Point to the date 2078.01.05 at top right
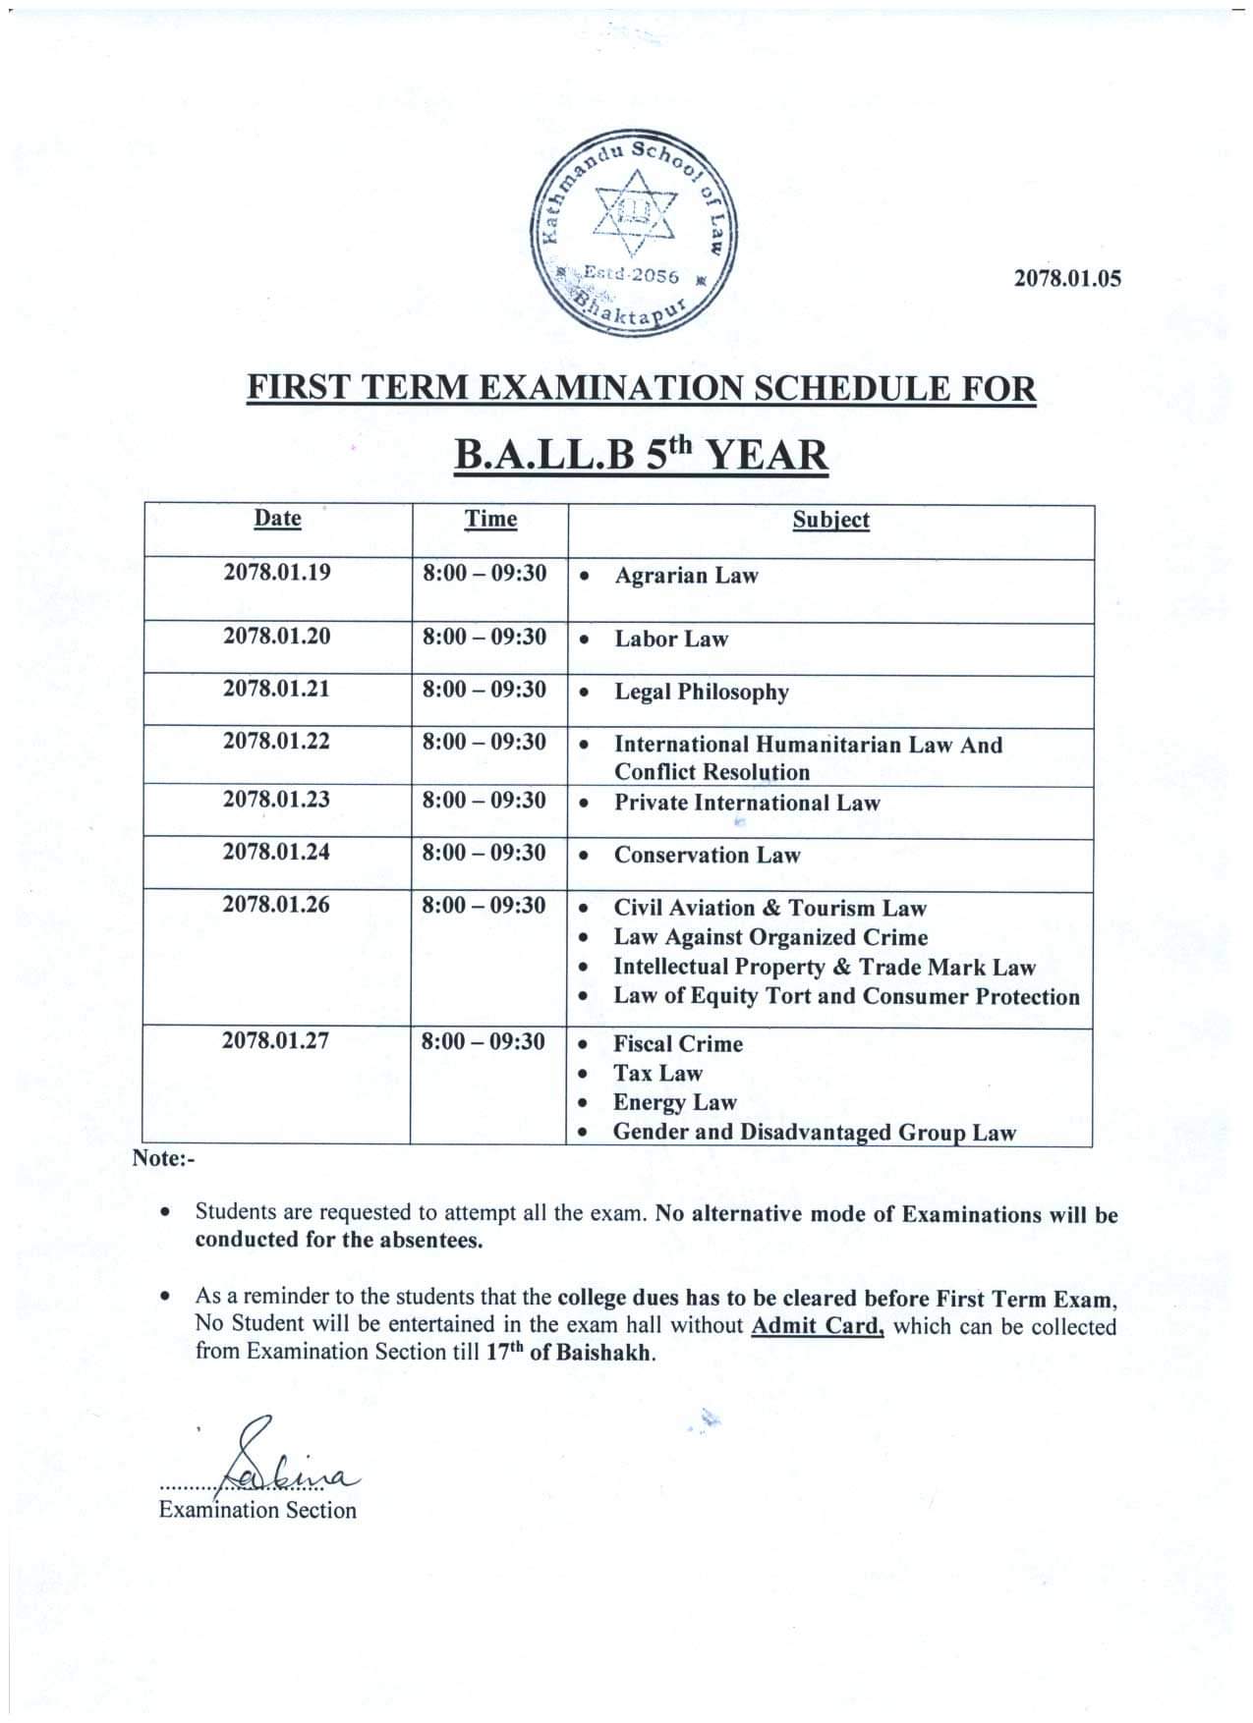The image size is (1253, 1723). click(1066, 278)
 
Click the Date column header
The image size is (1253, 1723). click(277, 518)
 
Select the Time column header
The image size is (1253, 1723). click(490, 519)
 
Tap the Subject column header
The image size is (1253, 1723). click(830, 520)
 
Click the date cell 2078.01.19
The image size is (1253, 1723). click(277, 573)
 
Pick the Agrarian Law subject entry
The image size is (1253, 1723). click(686, 576)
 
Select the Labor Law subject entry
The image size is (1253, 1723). click(671, 639)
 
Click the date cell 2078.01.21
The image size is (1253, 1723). click(277, 690)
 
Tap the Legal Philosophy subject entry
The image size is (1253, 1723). click(702, 693)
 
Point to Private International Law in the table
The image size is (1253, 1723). click(747, 803)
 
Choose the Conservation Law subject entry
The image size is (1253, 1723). click(708, 856)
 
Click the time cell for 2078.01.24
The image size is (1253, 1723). click(484, 853)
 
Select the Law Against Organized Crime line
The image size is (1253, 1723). click(770, 938)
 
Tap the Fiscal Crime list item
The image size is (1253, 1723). click(678, 1044)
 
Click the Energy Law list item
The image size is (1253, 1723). click(674, 1103)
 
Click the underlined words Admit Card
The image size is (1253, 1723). click(818, 1326)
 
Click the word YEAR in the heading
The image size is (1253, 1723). click(769, 456)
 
